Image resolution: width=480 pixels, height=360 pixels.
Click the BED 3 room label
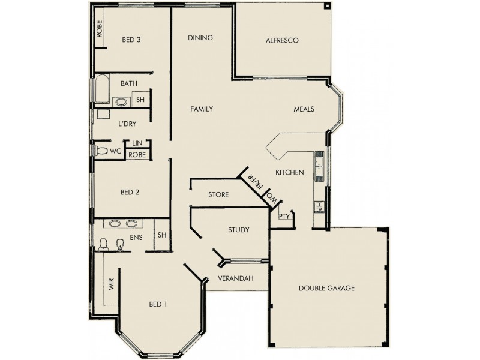coord(131,40)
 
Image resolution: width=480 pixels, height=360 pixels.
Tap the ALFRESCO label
coord(282,40)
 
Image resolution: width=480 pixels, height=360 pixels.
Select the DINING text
coord(200,38)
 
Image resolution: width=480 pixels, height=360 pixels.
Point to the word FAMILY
coord(202,109)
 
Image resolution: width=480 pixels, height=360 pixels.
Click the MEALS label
coord(304,109)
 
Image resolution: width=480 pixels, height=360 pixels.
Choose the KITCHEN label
coord(289,173)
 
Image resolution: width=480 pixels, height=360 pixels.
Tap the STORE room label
coord(218,195)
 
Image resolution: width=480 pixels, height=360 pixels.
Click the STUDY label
coord(238,230)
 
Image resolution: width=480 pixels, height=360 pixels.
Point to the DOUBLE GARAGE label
coord(326,288)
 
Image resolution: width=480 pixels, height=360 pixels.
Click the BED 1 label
coord(157,304)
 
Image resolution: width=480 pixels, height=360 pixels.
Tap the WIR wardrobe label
coord(111,284)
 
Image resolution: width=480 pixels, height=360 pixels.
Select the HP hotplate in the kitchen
coord(319,207)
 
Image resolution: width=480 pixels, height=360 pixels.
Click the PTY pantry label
coord(284,217)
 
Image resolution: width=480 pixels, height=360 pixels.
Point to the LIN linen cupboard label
coord(137,143)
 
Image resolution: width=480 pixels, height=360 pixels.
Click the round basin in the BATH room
coord(122,101)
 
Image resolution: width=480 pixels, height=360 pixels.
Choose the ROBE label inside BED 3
coord(100,31)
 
